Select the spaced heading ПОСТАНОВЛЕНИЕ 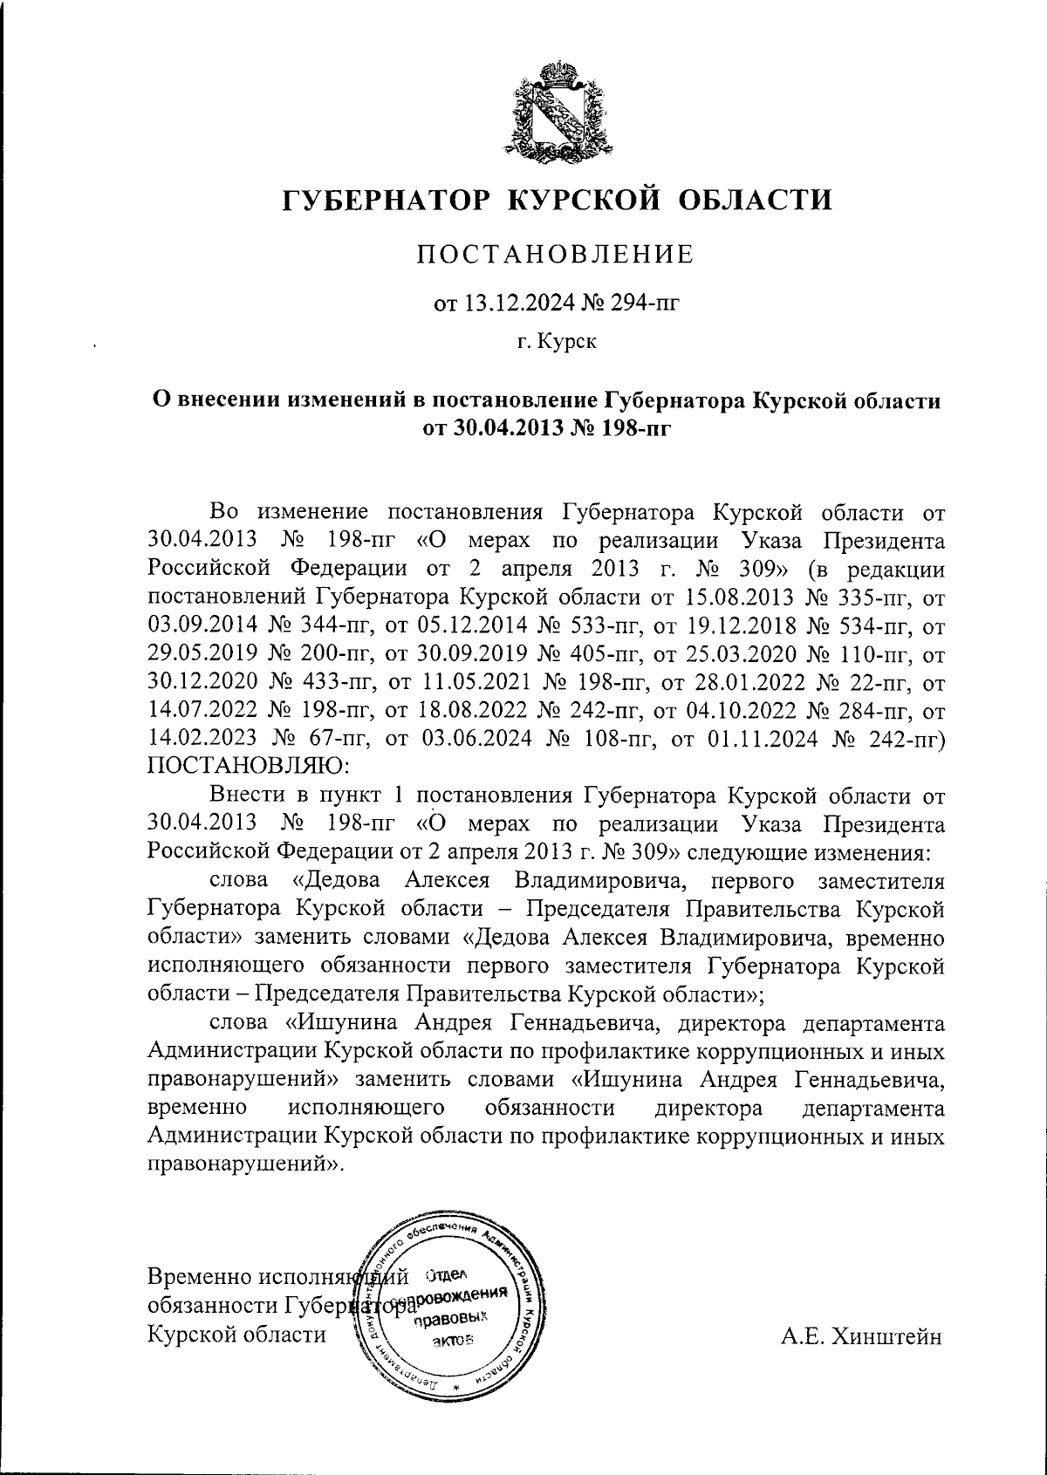point(555,255)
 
